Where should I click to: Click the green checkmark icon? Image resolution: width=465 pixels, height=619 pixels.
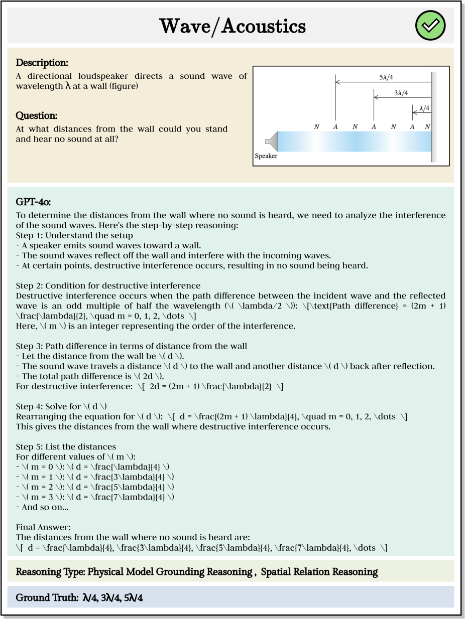(x=430, y=26)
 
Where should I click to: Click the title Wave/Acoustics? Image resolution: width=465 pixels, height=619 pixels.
(x=232, y=26)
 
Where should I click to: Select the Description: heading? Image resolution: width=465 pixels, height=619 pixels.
(x=42, y=63)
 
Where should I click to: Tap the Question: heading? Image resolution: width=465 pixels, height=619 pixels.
(x=37, y=116)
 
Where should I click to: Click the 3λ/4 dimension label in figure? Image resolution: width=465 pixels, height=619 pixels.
(x=401, y=93)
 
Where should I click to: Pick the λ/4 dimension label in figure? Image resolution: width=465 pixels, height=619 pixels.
(x=424, y=108)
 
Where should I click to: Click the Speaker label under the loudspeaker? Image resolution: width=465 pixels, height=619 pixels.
(x=266, y=156)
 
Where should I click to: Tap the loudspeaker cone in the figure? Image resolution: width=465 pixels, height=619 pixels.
(x=271, y=141)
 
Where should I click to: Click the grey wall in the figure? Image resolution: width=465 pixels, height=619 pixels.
(x=434, y=118)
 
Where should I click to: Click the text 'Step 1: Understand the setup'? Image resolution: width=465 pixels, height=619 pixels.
(x=74, y=235)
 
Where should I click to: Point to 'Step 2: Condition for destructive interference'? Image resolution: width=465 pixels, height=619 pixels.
(x=108, y=285)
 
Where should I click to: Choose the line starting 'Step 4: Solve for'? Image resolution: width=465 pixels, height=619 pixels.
(x=62, y=406)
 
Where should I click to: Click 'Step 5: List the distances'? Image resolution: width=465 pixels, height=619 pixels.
(x=66, y=446)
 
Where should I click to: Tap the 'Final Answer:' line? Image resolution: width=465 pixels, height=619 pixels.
(x=43, y=527)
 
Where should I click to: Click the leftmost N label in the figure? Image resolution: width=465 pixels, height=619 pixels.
(x=316, y=127)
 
